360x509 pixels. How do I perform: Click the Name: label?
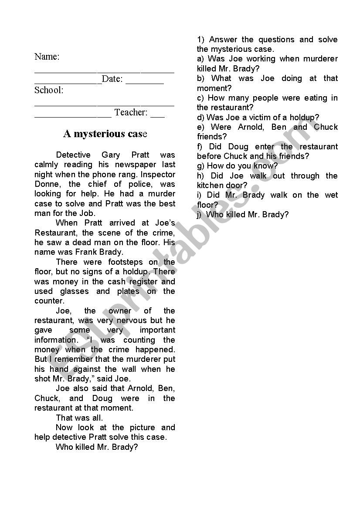tap(47, 57)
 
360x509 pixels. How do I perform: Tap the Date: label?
tap(112, 79)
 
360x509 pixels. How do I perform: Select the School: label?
tap(49, 91)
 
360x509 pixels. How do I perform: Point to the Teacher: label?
tap(131, 113)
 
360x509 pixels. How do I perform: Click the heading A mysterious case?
tap(105, 134)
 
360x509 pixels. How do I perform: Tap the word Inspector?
tap(158, 174)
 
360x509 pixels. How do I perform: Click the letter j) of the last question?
tap(199, 215)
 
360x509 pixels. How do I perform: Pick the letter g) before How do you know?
tap(200, 166)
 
